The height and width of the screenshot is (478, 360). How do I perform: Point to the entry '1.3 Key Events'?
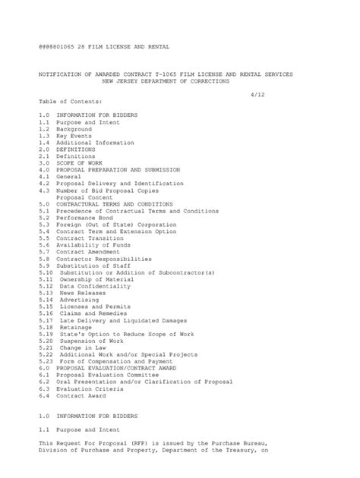pyautogui.click(x=65, y=136)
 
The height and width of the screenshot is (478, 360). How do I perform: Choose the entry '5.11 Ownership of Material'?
pyautogui.click(x=85, y=279)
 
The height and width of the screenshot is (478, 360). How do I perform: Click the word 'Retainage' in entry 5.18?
pyautogui.click(x=77, y=327)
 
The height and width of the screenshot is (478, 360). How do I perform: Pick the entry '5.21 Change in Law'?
pyautogui.click(x=74, y=347)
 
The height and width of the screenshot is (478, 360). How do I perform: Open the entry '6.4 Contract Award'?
pyautogui.click(x=74, y=395)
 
